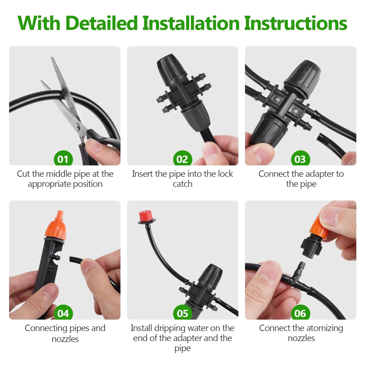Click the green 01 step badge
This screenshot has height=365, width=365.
pyautogui.click(x=63, y=159)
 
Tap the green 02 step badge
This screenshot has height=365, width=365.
pyautogui.click(x=182, y=159)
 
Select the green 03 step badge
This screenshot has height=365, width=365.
pyautogui.click(x=300, y=159)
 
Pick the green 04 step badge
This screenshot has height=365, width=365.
pyautogui.click(x=63, y=313)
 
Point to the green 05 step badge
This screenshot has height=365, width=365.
pyautogui.click(x=182, y=313)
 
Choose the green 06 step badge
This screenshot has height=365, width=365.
pyautogui.click(x=300, y=313)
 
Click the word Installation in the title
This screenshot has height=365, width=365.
pyautogui.click(x=191, y=23)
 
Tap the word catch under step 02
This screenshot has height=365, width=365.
pyautogui.click(x=182, y=184)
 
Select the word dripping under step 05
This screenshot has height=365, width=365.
pyautogui.click(x=171, y=328)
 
